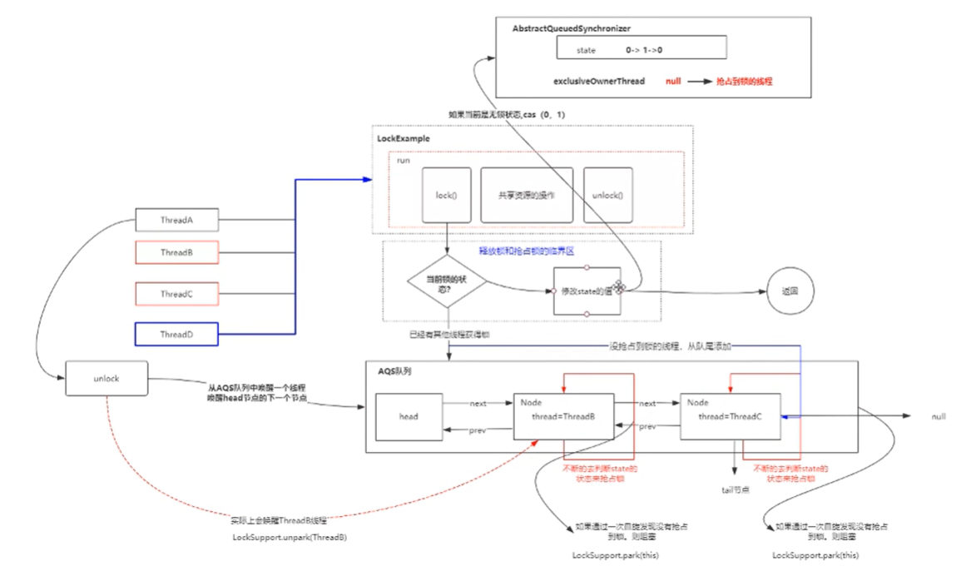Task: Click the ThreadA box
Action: click(x=176, y=221)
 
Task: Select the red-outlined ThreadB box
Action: click(x=176, y=252)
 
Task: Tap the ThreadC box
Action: click(x=176, y=294)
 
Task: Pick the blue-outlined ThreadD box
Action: click(x=176, y=334)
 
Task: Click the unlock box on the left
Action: click(x=107, y=378)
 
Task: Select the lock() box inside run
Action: click(x=447, y=196)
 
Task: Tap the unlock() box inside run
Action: click(x=607, y=196)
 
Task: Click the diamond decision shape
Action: click(x=447, y=284)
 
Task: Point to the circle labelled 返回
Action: click(x=790, y=292)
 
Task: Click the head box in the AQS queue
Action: click(x=408, y=416)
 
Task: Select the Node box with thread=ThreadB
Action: click(x=563, y=416)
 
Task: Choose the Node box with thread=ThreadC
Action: click(x=730, y=416)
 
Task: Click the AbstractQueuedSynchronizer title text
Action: click(x=571, y=29)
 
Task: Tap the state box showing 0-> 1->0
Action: click(x=642, y=51)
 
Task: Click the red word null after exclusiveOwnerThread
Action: click(x=673, y=82)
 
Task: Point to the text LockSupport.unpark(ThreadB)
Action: click(x=290, y=538)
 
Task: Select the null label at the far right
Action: click(x=938, y=416)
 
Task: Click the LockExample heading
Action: click(x=404, y=138)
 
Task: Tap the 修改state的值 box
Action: click(x=587, y=290)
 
